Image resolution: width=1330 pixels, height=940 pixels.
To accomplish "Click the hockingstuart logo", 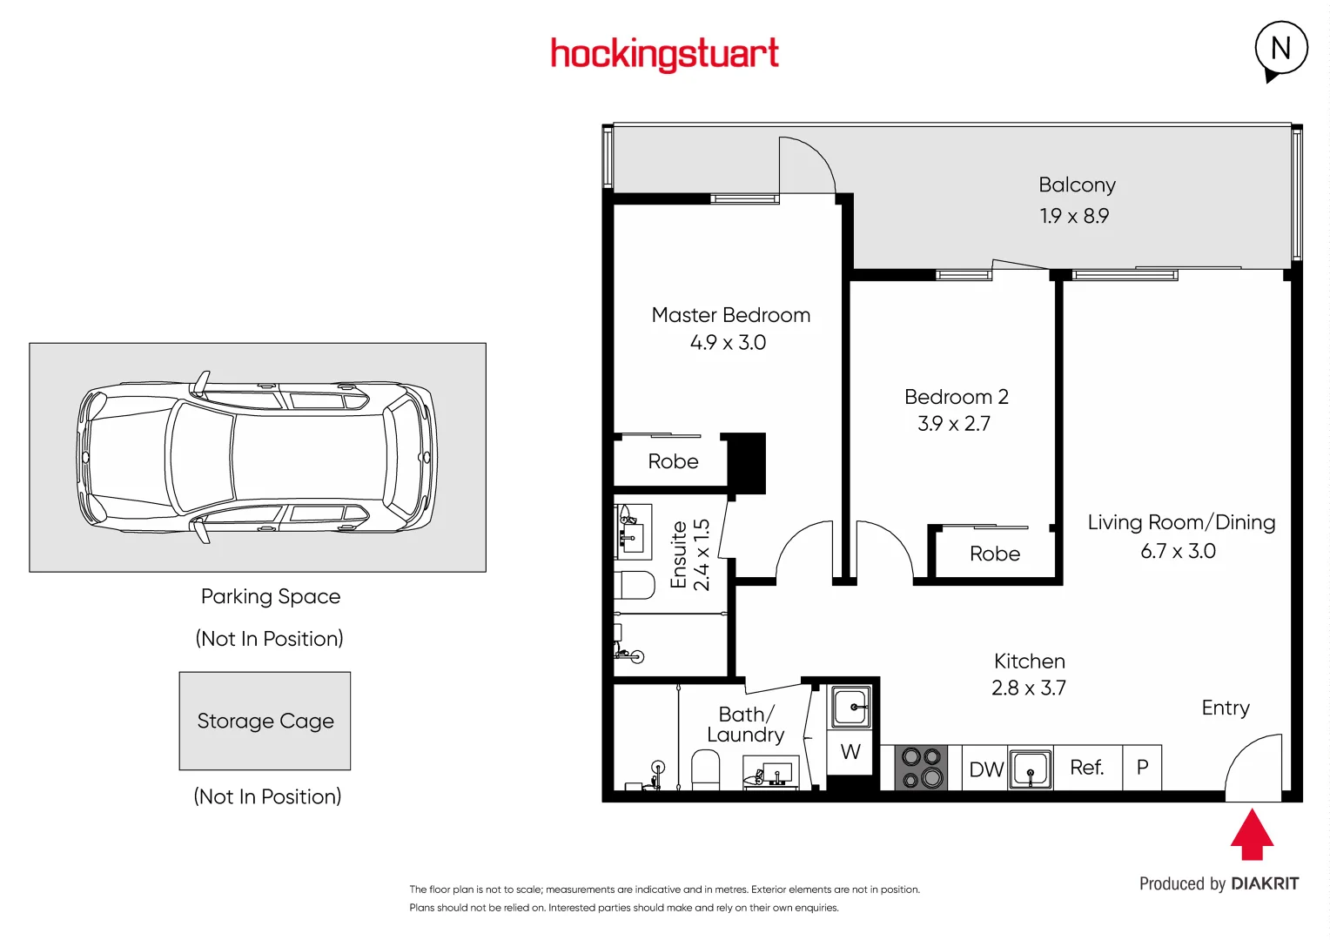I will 664,54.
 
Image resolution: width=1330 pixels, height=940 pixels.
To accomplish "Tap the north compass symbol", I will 1280,50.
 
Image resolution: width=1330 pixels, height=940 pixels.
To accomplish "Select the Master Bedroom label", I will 730,315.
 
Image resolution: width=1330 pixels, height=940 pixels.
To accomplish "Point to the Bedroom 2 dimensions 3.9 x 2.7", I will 954,424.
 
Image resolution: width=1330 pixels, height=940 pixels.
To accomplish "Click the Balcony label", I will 1077,185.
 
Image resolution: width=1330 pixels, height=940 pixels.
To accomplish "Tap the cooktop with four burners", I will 922,768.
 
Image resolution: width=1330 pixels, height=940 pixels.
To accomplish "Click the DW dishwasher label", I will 985,769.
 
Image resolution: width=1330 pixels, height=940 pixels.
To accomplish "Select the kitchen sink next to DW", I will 1031,769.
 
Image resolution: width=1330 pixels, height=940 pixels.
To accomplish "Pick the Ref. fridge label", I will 1086,768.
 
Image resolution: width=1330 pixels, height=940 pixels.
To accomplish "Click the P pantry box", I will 1142,768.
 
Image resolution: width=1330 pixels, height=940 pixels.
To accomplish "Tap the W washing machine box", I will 850,752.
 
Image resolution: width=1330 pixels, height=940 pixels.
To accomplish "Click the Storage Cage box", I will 265,721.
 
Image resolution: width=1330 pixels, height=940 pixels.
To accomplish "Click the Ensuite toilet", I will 635,585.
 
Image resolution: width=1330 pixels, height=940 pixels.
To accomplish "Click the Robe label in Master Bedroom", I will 673,461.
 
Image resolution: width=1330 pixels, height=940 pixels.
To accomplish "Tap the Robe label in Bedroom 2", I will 994,554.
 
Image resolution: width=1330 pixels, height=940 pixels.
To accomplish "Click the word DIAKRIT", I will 1265,884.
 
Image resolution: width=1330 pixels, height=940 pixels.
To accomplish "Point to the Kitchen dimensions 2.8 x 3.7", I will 1028,688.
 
